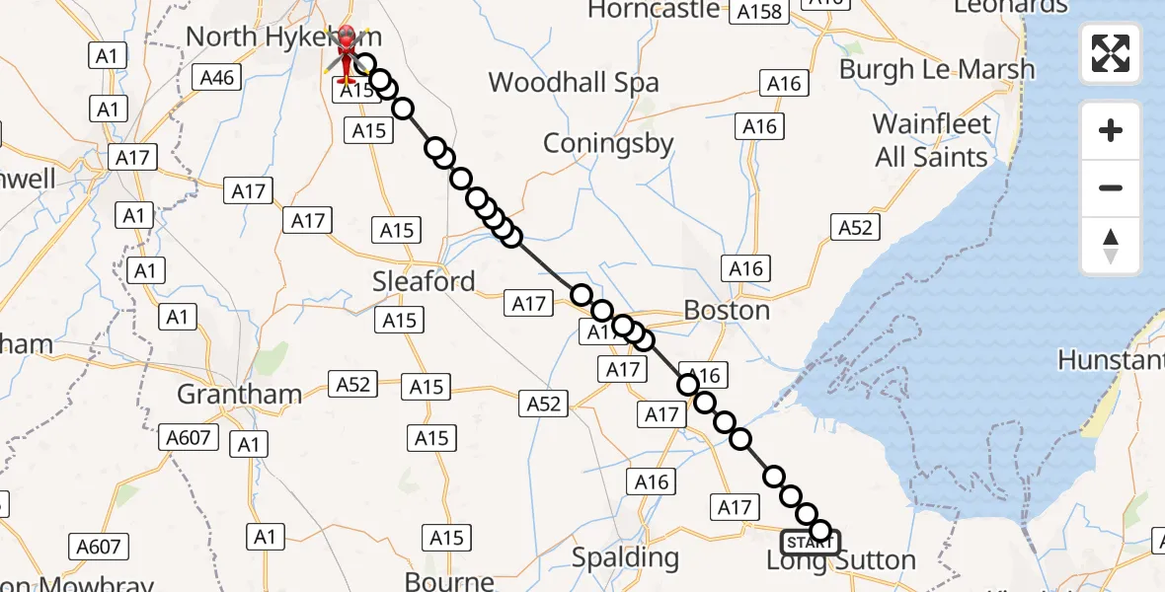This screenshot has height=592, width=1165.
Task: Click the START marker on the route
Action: tap(810, 542)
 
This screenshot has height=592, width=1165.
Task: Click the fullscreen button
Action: tap(1111, 53)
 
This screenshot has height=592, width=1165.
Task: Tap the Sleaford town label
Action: tap(424, 281)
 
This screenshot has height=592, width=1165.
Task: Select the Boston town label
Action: tap(727, 310)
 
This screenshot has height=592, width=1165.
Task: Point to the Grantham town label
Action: tap(239, 394)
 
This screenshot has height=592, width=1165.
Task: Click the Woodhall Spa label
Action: tap(574, 82)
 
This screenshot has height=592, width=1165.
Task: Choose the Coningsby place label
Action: tap(608, 143)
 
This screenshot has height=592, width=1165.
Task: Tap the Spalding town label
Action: tap(626, 557)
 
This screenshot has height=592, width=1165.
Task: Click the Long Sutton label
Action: tap(841, 561)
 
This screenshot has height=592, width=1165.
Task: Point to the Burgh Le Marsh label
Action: tap(937, 69)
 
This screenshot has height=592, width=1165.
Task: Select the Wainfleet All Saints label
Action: tap(932, 141)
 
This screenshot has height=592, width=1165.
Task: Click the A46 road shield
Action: tap(217, 76)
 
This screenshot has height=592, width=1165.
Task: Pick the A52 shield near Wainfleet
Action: tap(855, 227)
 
